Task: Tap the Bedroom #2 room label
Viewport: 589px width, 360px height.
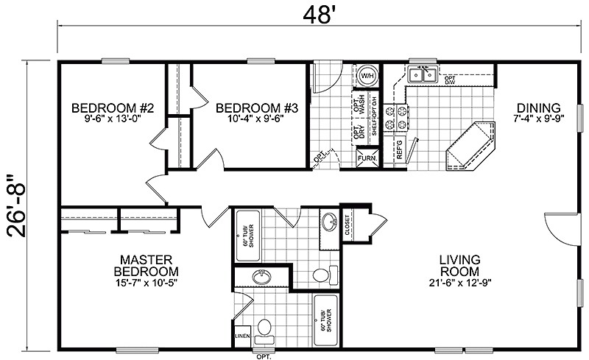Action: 112,109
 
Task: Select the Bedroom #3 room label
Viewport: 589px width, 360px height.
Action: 256,109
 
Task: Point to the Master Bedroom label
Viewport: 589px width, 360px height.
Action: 147,266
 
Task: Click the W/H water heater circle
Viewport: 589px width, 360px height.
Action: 367,76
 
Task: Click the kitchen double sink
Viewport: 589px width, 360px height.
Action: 423,74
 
